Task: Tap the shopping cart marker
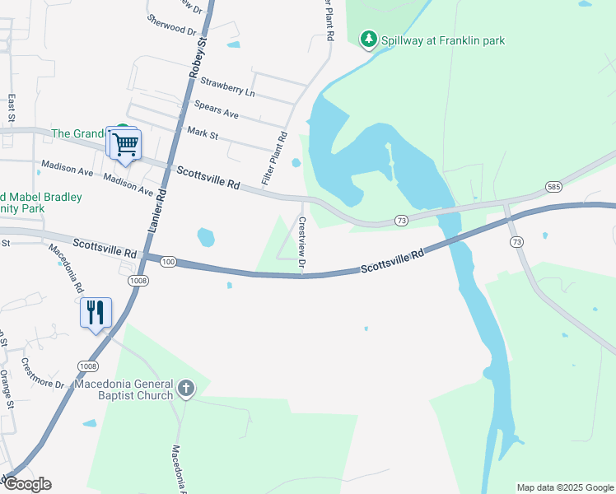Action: (126, 145)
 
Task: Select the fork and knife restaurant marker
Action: (96, 312)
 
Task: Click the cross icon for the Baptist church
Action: (186, 388)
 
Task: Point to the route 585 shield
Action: (554, 188)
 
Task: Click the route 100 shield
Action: (168, 262)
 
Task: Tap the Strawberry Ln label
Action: (227, 86)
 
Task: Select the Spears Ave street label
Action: (216, 109)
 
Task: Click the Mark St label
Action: (203, 132)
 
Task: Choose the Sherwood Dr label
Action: (172, 25)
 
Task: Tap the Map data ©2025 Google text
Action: (565, 487)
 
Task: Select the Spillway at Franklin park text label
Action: (444, 40)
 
